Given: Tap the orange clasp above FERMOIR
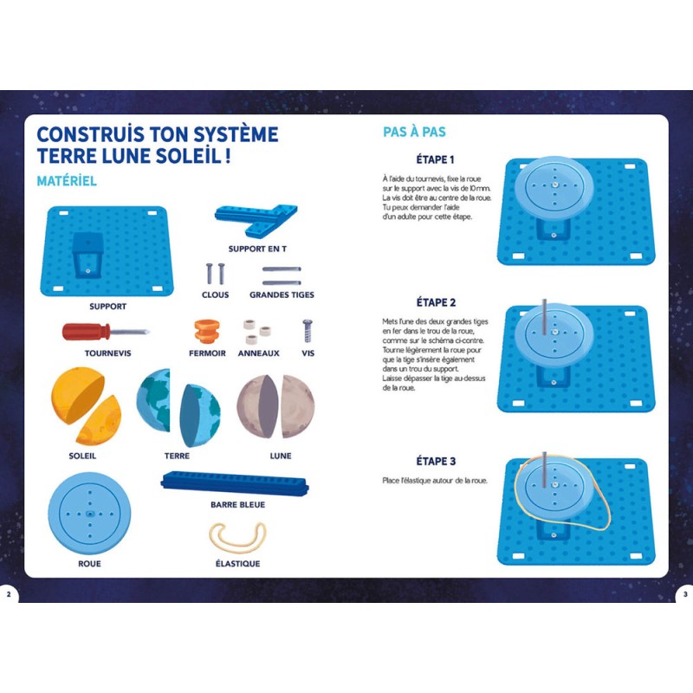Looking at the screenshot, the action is (x=207, y=331).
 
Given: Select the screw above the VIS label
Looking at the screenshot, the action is (x=308, y=331).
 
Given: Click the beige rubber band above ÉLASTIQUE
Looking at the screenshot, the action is (x=237, y=537).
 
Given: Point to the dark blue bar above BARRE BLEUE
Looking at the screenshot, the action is (x=235, y=483).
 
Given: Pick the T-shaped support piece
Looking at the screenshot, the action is (x=256, y=220).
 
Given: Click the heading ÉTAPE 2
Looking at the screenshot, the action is (x=436, y=302).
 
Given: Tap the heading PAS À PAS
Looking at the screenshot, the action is (x=414, y=132).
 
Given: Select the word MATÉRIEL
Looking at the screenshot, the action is (x=67, y=181).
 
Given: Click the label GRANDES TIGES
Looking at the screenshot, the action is (x=282, y=295).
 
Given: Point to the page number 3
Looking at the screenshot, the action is (x=685, y=594).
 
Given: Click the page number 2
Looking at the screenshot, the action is (x=9, y=594).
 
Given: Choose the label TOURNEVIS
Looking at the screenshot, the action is (x=107, y=353).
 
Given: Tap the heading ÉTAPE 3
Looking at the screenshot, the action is (x=436, y=461).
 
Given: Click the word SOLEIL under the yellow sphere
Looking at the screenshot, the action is (x=82, y=456).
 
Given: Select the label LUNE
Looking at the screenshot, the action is (x=281, y=456).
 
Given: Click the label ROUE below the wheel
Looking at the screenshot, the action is (x=89, y=564).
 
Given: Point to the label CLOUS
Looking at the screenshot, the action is (x=215, y=295).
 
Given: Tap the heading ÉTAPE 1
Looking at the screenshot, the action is (x=436, y=159).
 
